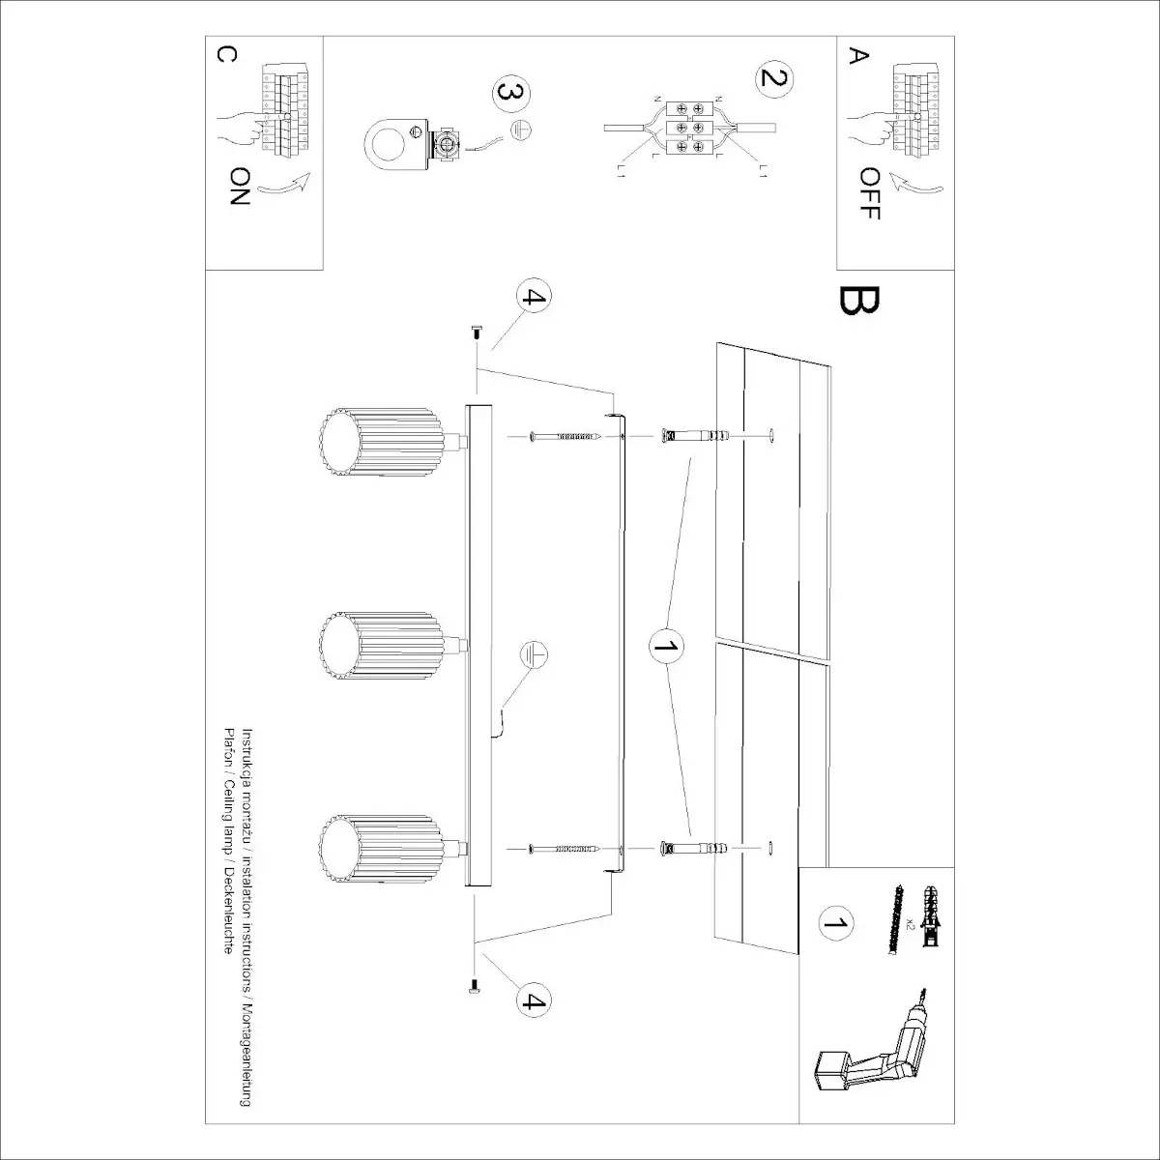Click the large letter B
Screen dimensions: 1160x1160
[x=858, y=302]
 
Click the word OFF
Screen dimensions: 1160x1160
[x=869, y=192]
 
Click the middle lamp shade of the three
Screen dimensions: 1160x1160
[x=381, y=648]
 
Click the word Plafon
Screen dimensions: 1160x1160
[x=229, y=744]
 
